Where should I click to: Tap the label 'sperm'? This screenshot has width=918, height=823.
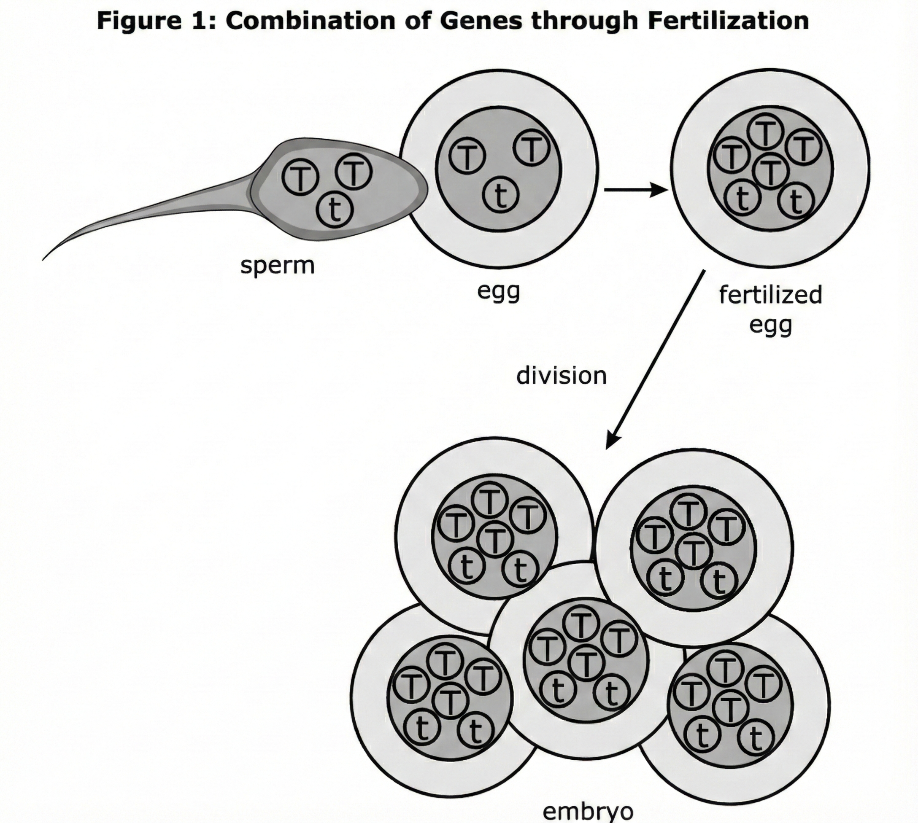click(x=277, y=266)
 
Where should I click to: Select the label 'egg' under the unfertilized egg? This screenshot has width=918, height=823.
click(x=499, y=292)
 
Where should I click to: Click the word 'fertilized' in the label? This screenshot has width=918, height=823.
click(x=770, y=295)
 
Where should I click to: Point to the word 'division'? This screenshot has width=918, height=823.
click(x=561, y=376)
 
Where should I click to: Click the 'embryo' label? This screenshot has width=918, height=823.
click(x=588, y=812)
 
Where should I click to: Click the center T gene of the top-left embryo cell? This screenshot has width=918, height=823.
click(x=495, y=538)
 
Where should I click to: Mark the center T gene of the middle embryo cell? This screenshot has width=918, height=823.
click(x=587, y=663)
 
